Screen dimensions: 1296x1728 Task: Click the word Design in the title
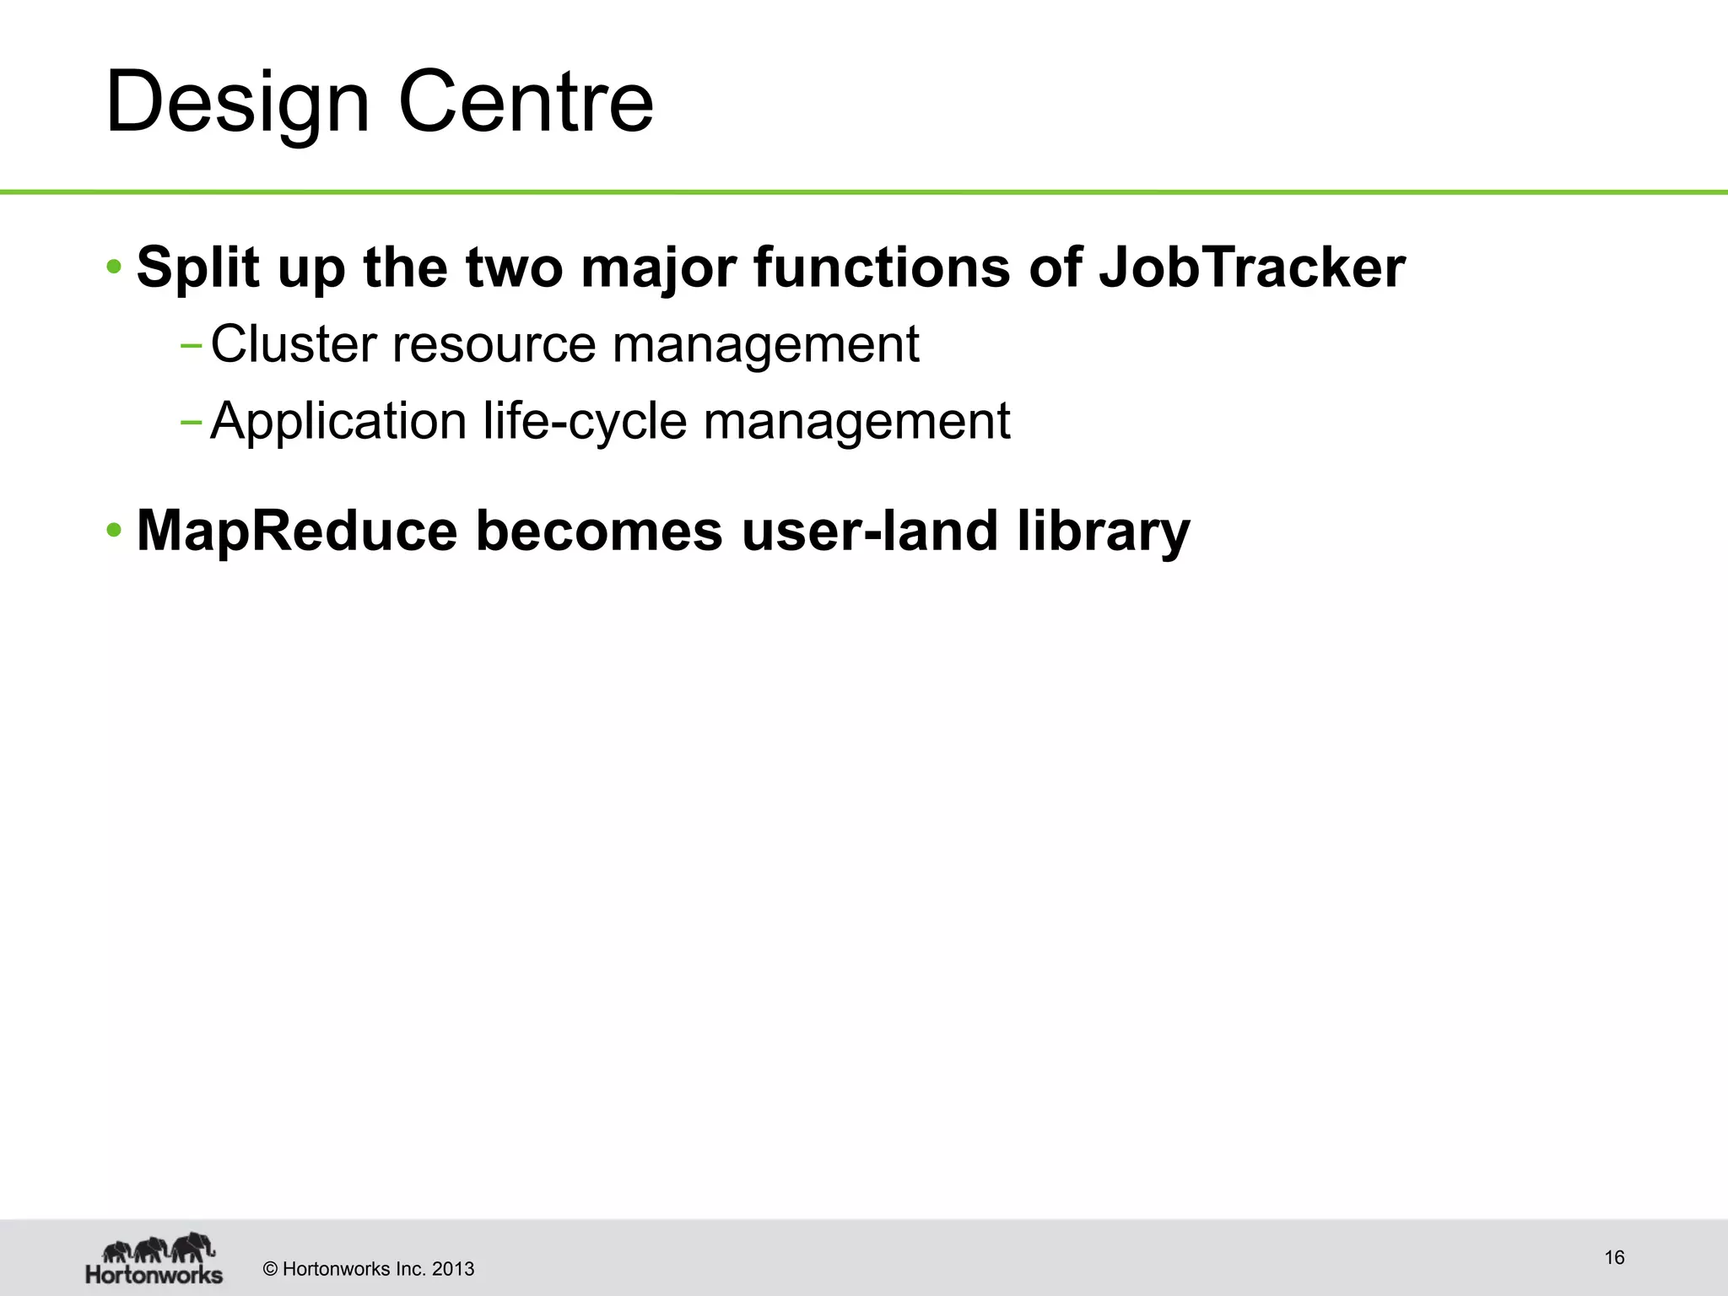237,103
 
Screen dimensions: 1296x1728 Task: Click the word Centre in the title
525,103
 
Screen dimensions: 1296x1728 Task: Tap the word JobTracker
1252,267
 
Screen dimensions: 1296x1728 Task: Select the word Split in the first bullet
197,267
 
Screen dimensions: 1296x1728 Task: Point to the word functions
881,267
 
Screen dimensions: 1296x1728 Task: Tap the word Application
338,421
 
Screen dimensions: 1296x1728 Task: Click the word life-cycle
585,421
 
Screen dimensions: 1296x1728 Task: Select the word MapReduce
296,531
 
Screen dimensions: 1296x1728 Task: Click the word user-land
869,531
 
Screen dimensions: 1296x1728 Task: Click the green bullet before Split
114,268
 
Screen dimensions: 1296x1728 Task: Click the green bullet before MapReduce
114,532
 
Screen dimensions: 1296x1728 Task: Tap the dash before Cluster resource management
191,345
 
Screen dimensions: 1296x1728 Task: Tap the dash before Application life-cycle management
191,422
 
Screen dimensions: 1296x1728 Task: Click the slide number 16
1614,1258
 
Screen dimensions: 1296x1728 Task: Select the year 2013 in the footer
453,1269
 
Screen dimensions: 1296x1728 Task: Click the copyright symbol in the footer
271,1269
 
